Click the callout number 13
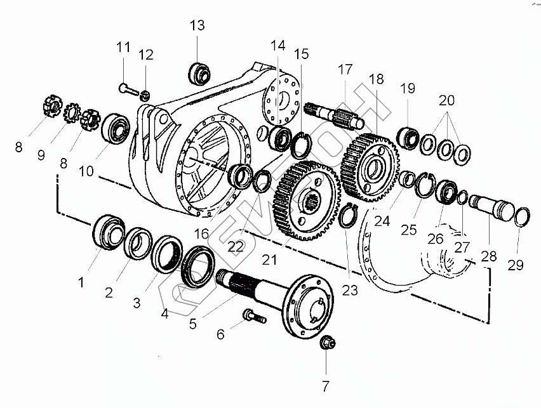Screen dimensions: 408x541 197,26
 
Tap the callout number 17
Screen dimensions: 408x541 345,70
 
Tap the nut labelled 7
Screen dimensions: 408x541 328,343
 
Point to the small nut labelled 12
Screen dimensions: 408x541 145,95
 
